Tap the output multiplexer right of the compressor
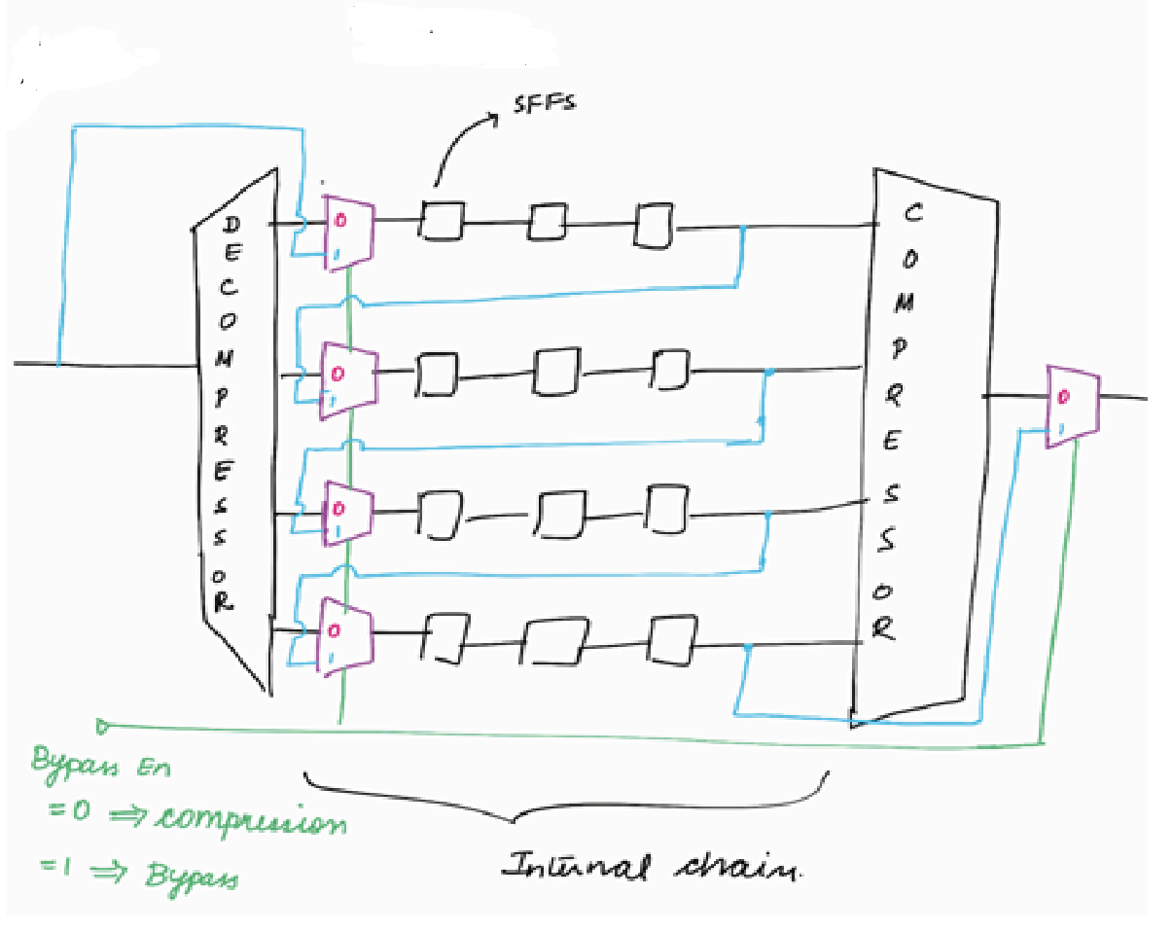tap(1072, 407)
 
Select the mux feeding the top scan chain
tap(346, 231)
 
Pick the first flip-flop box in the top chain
tap(443, 221)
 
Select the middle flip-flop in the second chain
tap(555, 372)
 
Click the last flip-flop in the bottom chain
tap(669, 639)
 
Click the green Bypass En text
tap(101, 766)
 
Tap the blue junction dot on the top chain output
tap(743, 230)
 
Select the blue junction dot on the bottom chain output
tap(747, 647)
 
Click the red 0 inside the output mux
tap(1064, 397)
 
